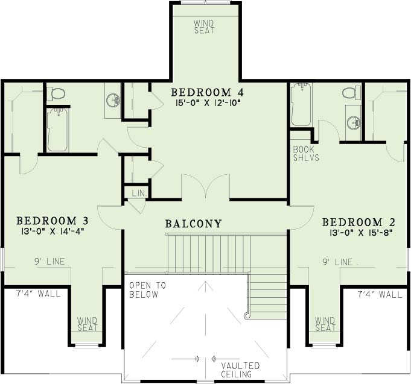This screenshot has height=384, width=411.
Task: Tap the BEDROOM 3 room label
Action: point(53,221)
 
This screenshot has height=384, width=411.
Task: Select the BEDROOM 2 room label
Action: point(358,222)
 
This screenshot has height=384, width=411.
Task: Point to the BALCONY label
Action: point(194,224)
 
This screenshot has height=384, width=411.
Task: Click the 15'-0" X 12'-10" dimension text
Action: point(208,103)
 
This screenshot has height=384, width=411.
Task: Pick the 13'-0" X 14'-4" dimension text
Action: point(53,231)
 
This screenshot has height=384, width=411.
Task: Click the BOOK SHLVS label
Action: point(306,154)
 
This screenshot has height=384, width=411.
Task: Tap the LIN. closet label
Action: point(139,194)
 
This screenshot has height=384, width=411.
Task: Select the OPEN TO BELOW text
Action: point(148,290)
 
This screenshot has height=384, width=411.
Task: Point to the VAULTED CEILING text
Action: point(240,370)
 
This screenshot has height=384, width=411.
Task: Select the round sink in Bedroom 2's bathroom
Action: point(354,123)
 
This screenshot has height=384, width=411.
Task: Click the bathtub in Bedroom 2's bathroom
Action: point(301,104)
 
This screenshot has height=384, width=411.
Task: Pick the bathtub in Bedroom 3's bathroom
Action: point(59,130)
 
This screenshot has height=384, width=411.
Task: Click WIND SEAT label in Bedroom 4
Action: point(204,27)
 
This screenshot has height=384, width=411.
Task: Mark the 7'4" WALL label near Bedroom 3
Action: point(39,294)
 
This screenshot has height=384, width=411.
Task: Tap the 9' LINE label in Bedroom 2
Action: point(337,262)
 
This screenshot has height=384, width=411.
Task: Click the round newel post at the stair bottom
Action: point(246,316)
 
